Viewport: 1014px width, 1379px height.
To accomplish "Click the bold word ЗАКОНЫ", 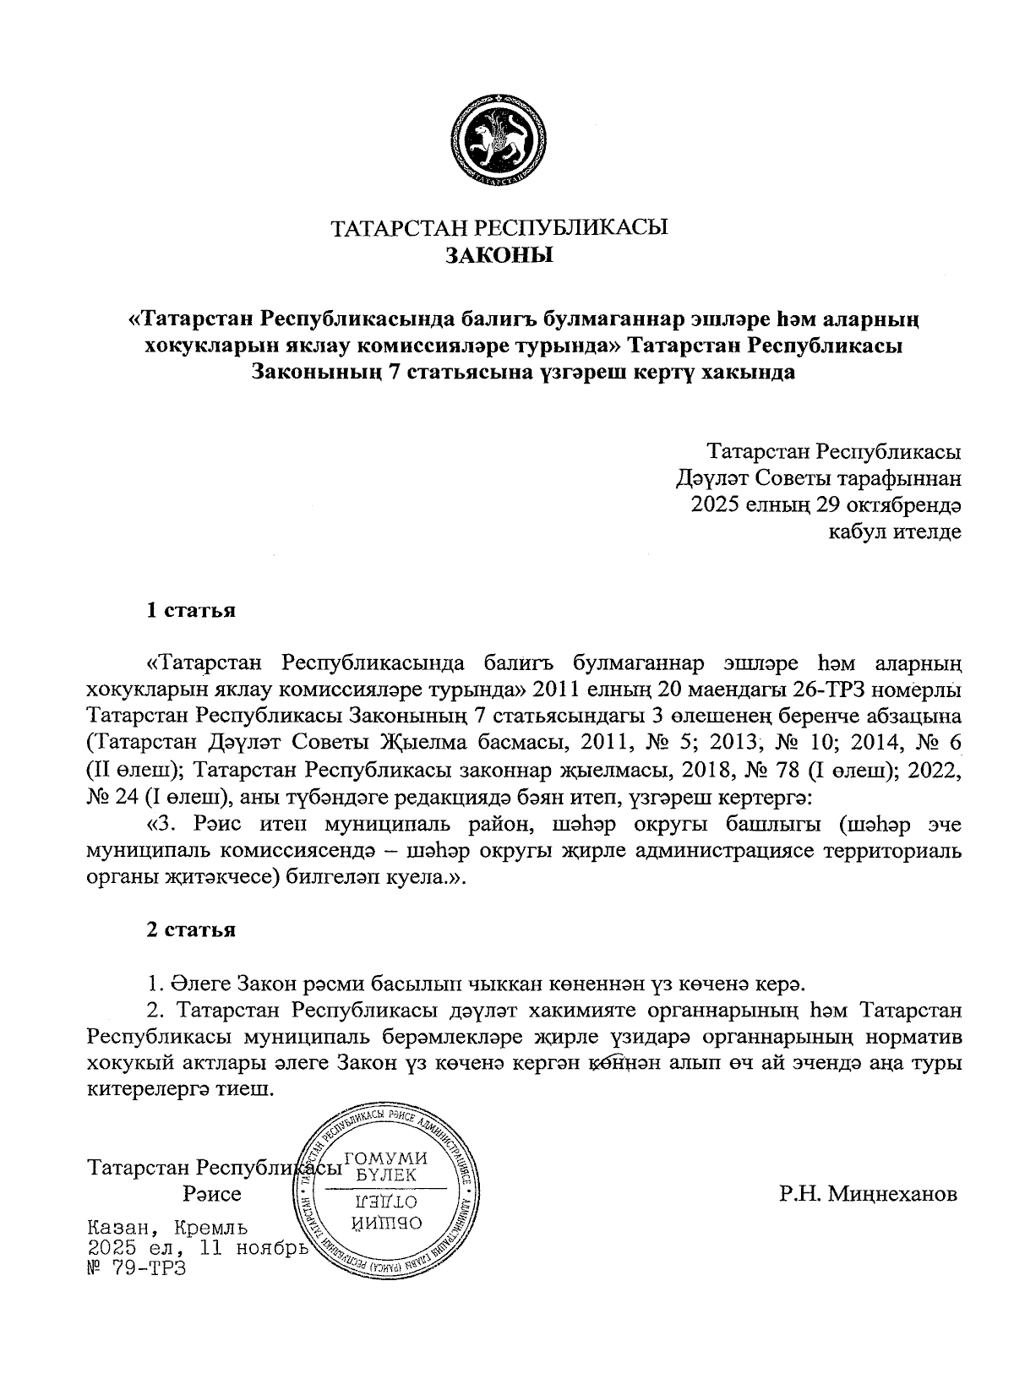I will pos(499,255).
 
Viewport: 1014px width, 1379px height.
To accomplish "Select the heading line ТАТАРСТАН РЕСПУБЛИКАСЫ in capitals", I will pos(499,228).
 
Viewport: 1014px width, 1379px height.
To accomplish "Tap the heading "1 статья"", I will pos(191,610).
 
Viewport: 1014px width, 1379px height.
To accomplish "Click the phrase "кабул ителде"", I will pos(897,532).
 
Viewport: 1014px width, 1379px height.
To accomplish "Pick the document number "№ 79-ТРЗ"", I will pos(136,1268).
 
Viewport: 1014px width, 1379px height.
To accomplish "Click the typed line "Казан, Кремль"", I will pos(167,1227).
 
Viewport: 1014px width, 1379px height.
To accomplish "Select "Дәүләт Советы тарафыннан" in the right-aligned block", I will pos(818,480).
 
